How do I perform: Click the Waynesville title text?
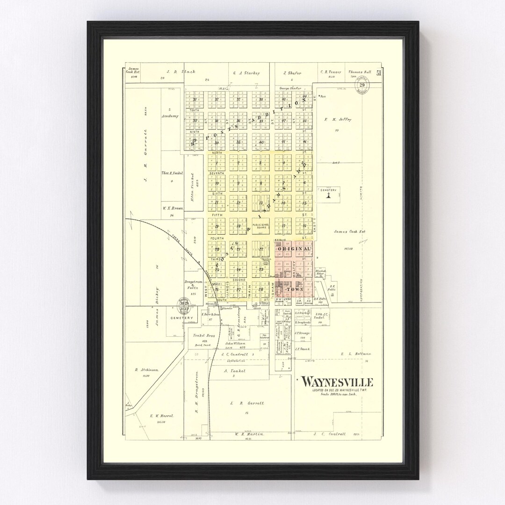pos(337,382)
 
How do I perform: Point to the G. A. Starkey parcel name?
pos(246,73)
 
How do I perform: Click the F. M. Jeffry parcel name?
pos(338,120)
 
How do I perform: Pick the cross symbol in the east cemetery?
pos(329,196)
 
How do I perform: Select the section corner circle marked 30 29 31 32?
pos(184,304)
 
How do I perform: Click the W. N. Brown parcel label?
pos(173,208)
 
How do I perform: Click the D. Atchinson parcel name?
pos(147,370)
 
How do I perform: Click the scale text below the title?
pos(339,394)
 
